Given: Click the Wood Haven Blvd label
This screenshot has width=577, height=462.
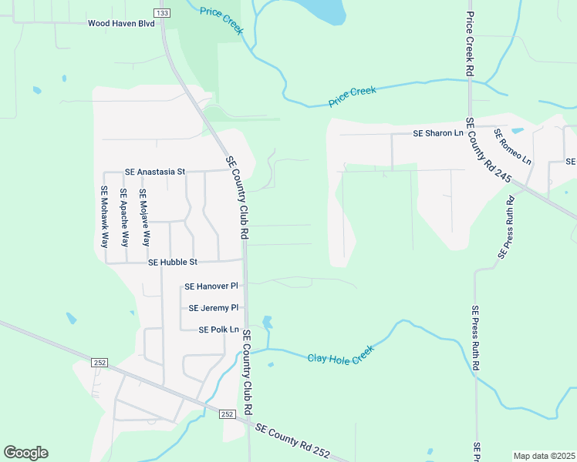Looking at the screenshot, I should click(x=121, y=24).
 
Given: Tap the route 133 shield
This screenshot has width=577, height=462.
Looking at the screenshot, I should click(x=161, y=13).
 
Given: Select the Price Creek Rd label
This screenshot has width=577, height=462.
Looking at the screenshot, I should click(x=470, y=44).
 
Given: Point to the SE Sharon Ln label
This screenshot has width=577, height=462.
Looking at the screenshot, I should click(x=438, y=133).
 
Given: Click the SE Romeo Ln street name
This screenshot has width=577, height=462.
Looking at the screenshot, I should click(x=513, y=146).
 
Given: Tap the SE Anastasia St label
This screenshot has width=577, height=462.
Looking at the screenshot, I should click(x=155, y=172).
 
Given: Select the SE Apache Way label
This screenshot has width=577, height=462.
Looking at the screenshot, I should click(x=123, y=217).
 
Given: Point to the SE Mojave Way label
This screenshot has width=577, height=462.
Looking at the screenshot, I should click(x=143, y=217).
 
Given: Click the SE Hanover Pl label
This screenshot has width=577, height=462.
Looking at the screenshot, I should click(x=211, y=286).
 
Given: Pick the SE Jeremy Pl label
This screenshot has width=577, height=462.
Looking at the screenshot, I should click(x=214, y=308).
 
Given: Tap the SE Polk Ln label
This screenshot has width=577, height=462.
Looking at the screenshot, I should click(x=218, y=330).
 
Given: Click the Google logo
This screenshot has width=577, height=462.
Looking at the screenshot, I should click(x=25, y=453).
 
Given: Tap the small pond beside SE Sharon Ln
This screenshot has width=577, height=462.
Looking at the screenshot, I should click(x=517, y=131).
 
